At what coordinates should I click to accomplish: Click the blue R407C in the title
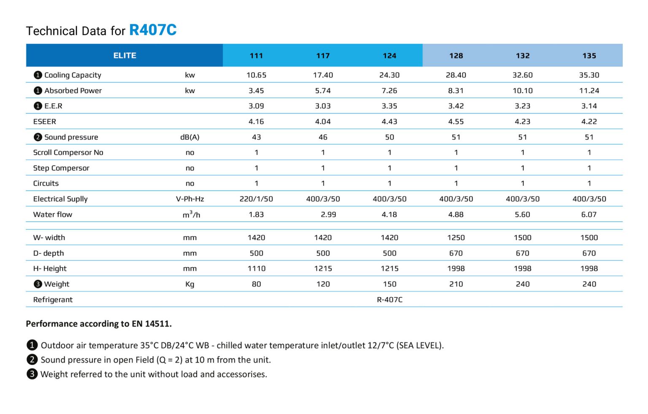click(153, 30)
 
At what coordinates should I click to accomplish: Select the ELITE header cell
click(124, 55)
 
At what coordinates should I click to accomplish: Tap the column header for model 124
click(389, 56)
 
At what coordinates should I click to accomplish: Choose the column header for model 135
click(589, 56)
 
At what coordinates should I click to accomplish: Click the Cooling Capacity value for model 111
click(256, 75)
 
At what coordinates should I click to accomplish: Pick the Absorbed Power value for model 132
click(522, 91)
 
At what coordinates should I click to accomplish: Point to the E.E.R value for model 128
click(456, 106)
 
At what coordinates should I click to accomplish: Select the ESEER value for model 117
click(323, 121)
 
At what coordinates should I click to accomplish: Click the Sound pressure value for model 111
click(256, 137)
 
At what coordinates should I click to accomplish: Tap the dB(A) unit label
click(190, 137)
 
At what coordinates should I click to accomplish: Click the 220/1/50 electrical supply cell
click(256, 199)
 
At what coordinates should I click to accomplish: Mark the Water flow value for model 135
click(589, 215)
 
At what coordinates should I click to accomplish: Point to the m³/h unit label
click(191, 215)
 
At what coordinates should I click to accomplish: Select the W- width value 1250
click(456, 238)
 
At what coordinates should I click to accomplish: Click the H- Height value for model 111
click(256, 269)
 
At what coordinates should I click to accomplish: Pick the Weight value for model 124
click(389, 284)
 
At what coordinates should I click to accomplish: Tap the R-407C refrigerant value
click(389, 300)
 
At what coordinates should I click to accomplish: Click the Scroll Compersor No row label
click(68, 153)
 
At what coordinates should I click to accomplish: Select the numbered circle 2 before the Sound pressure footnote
click(32, 360)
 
